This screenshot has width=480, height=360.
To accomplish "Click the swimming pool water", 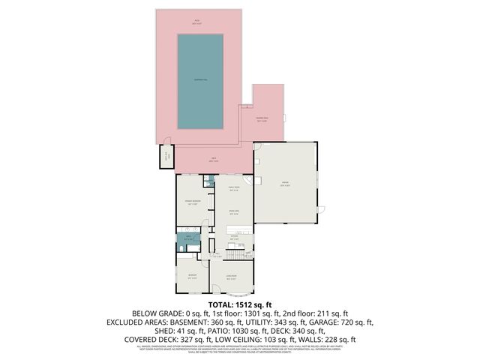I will (x=200, y=80).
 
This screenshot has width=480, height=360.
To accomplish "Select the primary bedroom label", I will (x=190, y=202).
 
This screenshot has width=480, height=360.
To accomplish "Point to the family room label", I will (x=234, y=187).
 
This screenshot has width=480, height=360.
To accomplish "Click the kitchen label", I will (x=234, y=238).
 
